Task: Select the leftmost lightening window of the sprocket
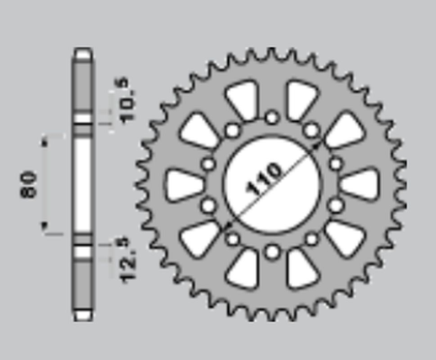(x=183, y=184)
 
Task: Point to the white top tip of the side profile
(x=82, y=53)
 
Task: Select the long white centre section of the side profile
(x=82, y=184)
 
